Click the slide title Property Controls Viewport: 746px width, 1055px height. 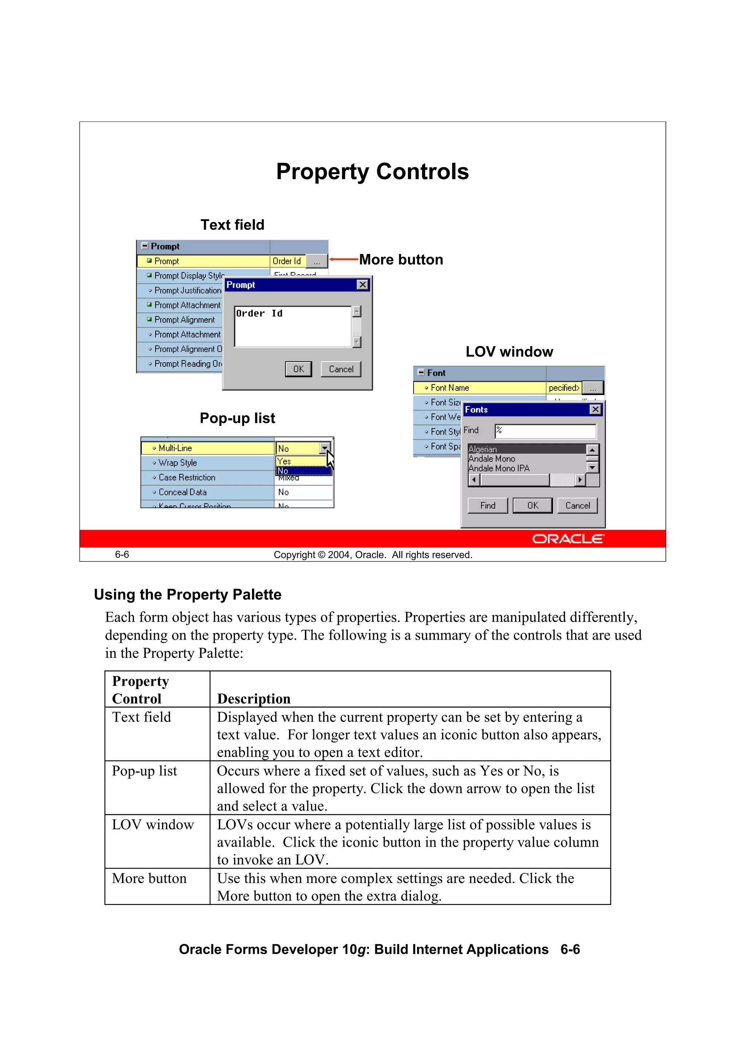pos(372,172)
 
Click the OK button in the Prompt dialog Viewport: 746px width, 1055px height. pos(298,369)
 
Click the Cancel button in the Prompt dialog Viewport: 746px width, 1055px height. pos(341,369)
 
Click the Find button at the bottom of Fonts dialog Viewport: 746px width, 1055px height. pos(487,505)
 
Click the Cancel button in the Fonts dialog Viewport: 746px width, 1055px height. pos(577,505)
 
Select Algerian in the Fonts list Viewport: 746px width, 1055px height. pos(483,449)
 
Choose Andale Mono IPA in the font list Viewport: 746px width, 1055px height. pos(499,468)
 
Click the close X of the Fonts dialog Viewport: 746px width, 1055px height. pos(595,409)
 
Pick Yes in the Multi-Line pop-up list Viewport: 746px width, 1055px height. pos(284,461)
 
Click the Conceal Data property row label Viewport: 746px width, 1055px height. pos(182,492)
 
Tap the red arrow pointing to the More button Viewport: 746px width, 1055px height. pos(343,260)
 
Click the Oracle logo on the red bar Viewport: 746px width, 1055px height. pos(568,539)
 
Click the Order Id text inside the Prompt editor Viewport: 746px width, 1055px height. pos(259,314)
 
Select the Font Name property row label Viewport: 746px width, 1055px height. pos(449,388)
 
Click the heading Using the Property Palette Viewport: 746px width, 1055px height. pos(188,595)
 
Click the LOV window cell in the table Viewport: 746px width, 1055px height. pos(153,825)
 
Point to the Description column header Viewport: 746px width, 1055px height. pos(254,698)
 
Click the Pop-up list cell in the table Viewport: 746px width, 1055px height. pos(144,771)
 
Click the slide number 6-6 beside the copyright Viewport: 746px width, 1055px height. pos(122,555)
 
